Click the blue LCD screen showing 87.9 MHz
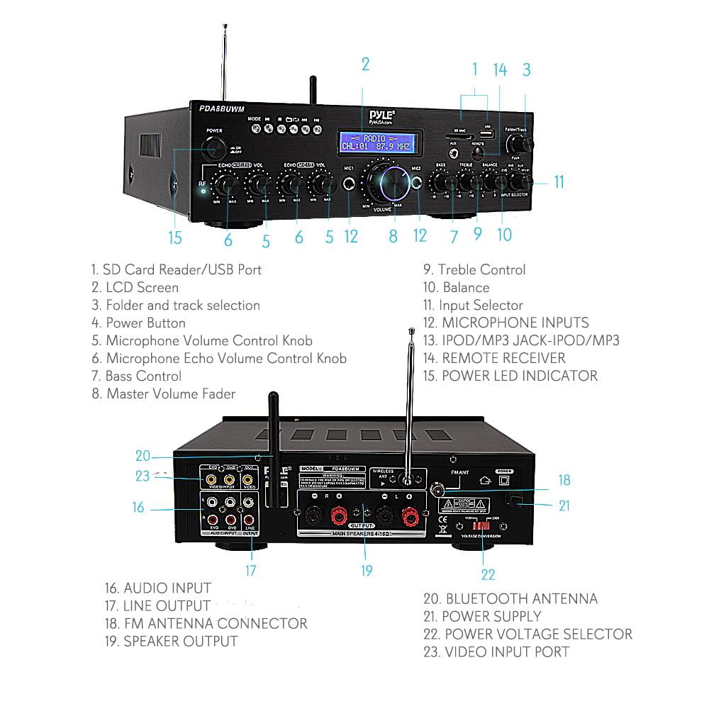click(x=375, y=142)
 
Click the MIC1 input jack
click(x=349, y=184)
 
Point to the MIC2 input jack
click(x=418, y=183)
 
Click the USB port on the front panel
click(x=486, y=133)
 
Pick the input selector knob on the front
click(x=525, y=182)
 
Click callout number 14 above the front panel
click(x=501, y=69)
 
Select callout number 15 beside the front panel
click(x=175, y=237)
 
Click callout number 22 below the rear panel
click(x=488, y=574)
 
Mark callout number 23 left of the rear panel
click(x=143, y=476)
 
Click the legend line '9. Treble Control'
click(x=474, y=269)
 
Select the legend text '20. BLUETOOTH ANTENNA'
click(x=510, y=598)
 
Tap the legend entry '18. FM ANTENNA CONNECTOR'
click(x=206, y=623)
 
